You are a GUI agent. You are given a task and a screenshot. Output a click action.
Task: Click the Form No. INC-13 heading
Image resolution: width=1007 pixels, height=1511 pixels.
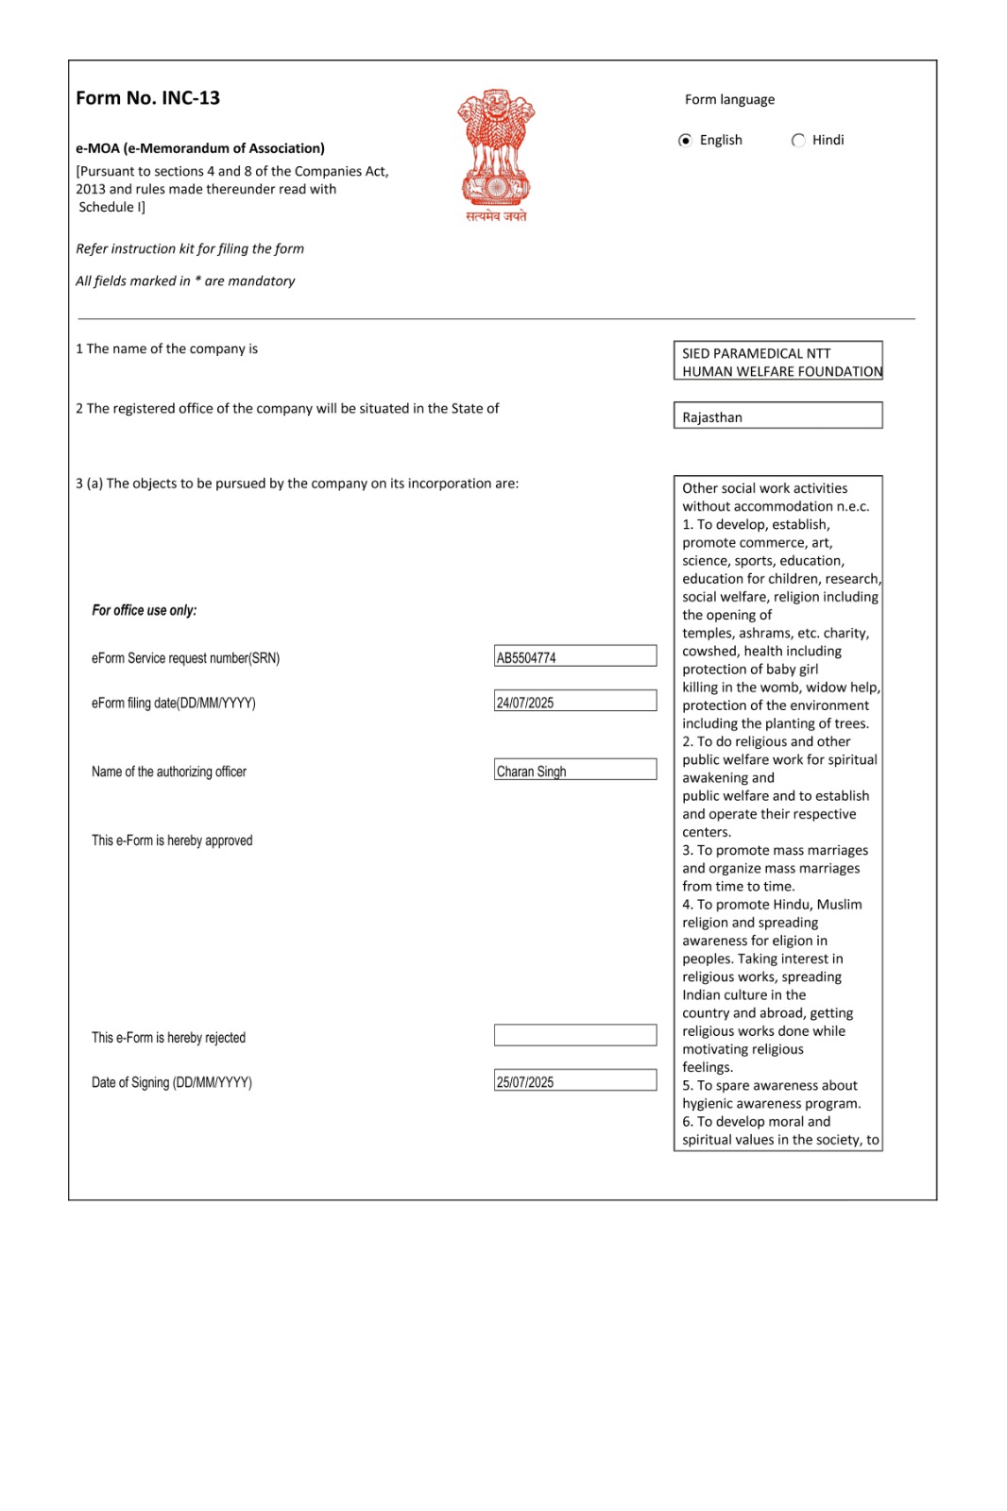coord(148,98)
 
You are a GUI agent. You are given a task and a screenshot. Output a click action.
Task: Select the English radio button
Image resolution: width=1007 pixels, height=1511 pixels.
coord(686,141)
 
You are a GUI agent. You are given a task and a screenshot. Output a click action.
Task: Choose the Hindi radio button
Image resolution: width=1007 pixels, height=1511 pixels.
coord(799,141)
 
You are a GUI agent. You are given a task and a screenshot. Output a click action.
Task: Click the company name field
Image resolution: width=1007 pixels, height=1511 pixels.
coord(777,362)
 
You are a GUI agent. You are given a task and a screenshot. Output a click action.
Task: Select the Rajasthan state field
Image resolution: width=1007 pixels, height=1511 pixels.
coord(777,416)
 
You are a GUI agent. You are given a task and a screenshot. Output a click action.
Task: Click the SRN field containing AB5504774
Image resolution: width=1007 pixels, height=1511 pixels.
coord(575,657)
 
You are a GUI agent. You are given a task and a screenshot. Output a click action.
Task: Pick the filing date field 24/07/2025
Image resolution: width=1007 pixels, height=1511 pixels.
coord(575,702)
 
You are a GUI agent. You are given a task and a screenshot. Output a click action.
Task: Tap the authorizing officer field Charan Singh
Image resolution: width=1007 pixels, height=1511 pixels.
coord(575,771)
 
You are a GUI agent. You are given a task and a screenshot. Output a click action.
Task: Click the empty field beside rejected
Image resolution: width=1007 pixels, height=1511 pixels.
coord(575,1036)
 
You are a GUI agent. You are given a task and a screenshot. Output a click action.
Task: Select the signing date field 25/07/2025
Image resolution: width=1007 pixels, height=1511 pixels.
coord(575,1081)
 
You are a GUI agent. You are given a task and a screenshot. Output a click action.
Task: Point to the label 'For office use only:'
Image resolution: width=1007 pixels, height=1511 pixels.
coord(145,611)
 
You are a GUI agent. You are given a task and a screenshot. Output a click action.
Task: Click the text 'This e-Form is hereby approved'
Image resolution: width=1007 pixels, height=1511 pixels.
coord(172,840)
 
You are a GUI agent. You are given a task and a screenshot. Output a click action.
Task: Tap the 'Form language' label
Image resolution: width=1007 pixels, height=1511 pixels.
coord(729,100)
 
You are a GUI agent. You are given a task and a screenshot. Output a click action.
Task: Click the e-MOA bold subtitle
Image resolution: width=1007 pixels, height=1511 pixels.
coord(200,148)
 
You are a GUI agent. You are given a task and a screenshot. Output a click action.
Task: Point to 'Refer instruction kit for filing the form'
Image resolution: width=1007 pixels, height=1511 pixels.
coord(190,249)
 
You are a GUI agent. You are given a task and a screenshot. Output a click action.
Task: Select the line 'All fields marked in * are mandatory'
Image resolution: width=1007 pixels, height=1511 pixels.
coord(185,281)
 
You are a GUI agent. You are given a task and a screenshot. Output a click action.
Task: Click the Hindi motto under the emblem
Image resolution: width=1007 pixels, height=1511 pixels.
coord(496,216)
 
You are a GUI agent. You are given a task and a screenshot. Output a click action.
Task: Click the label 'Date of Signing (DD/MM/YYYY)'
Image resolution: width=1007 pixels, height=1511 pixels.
coord(172,1083)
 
